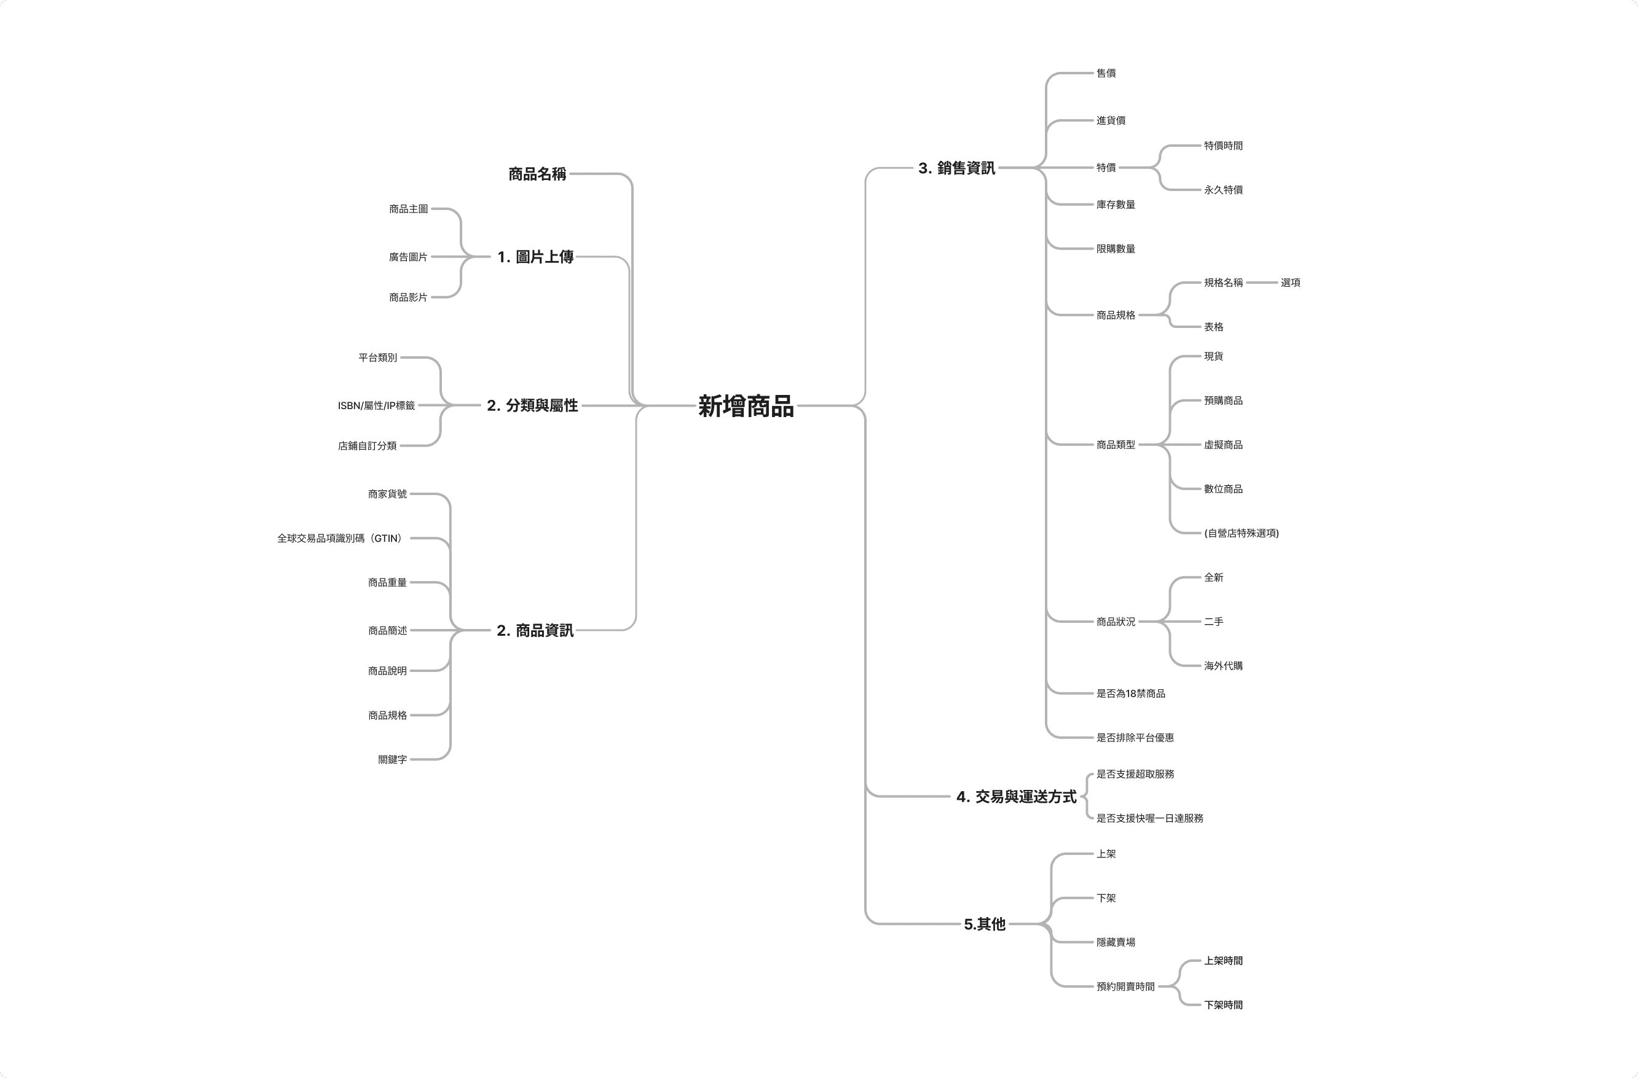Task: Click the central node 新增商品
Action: point(746,406)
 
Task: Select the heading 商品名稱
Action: point(537,174)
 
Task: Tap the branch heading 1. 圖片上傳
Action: point(535,257)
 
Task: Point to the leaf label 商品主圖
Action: point(408,208)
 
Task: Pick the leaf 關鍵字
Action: point(392,759)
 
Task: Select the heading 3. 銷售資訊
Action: point(956,168)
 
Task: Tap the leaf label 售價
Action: point(1105,73)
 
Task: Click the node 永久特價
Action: point(1223,190)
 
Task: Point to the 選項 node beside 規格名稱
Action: point(1290,283)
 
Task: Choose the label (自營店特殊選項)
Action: point(1241,533)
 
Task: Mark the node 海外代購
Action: point(1223,666)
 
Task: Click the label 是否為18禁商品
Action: point(1130,693)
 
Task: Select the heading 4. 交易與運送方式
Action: point(1016,797)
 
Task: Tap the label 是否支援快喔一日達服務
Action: point(1149,818)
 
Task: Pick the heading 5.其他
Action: point(984,924)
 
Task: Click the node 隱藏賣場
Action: point(1115,942)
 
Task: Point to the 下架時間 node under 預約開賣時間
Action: point(1223,1005)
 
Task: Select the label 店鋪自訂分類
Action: point(367,446)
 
